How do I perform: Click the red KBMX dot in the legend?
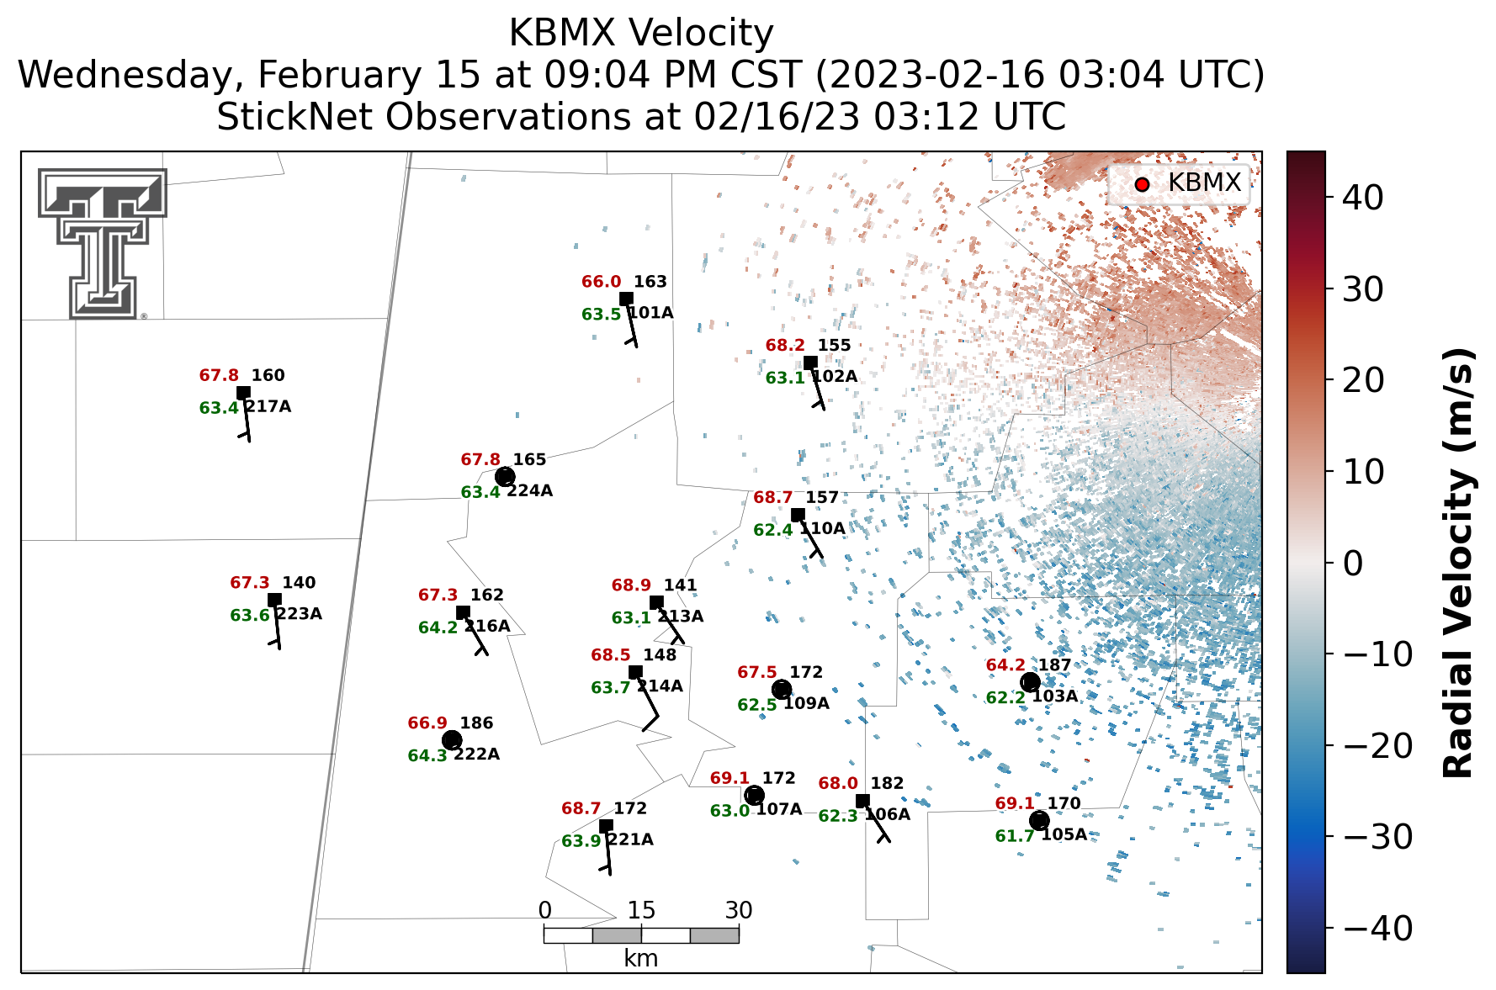tap(1142, 184)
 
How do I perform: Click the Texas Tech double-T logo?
tap(103, 244)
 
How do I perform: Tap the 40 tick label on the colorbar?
tap(1363, 198)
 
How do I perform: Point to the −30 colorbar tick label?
tap(1378, 837)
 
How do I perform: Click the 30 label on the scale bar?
tap(739, 910)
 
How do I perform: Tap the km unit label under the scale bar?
tap(641, 958)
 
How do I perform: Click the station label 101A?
tap(650, 313)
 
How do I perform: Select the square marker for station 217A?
tap(243, 393)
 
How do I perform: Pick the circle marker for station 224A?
tap(505, 477)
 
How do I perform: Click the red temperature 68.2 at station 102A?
tap(785, 346)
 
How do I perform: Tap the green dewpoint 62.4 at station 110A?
tap(772, 530)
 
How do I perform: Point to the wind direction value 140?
tap(299, 583)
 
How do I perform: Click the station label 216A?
tap(487, 626)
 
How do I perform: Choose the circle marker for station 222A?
tap(452, 740)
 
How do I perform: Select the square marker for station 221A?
tap(606, 826)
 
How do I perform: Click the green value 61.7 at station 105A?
tap(1015, 836)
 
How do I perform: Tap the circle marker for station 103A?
tap(1030, 681)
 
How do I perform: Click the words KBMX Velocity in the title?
tap(641, 34)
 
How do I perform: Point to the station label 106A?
tap(888, 814)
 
